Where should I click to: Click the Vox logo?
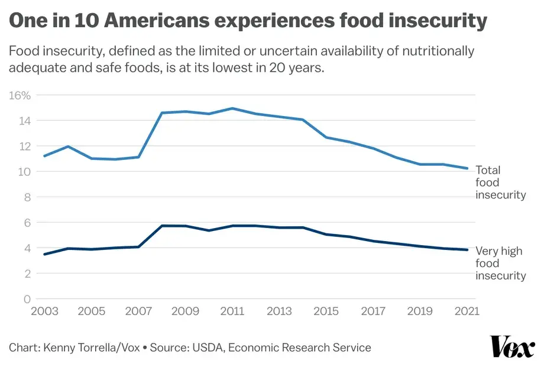pyautogui.click(x=511, y=346)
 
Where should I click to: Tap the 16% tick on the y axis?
pyautogui.click(x=20, y=95)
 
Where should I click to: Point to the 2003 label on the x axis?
pyautogui.click(x=44, y=312)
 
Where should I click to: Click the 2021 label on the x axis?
pyautogui.click(x=467, y=312)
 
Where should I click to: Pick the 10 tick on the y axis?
pyautogui.click(x=23, y=172)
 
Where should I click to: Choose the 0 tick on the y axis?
pyautogui.click(x=27, y=299)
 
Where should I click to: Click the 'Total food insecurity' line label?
pyautogui.click(x=500, y=183)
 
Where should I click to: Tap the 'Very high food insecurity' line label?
pyautogui.click(x=500, y=264)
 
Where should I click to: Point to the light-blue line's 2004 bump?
pyautogui.click(x=68, y=146)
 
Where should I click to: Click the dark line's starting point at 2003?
pyautogui.click(x=44, y=255)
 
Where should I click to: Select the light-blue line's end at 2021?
pyautogui.click(x=467, y=168)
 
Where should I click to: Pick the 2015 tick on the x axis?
pyautogui.click(x=326, y=312)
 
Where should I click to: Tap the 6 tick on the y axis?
pyautogui.click(x=27, y=223)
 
